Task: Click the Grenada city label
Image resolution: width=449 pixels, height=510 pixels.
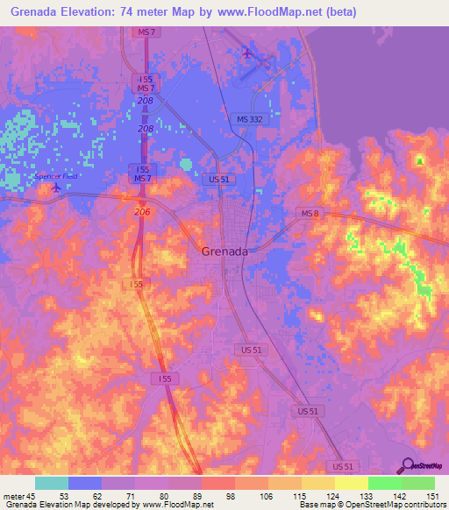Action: click(224, 250)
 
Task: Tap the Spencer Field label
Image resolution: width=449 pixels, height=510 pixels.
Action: click(56, 176)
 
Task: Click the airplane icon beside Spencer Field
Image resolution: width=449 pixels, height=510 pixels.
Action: click(58, 186)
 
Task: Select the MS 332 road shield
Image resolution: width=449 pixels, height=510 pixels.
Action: click(249, 118)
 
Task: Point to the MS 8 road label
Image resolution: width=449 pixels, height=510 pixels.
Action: click(310, 214)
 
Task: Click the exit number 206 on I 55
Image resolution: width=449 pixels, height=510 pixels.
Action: click(142, 212)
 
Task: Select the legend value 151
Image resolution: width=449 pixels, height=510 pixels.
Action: click(432, 495)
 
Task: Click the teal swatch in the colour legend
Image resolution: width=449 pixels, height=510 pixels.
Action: click(52, 483)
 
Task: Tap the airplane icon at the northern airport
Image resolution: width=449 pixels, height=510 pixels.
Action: click(247, 53)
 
